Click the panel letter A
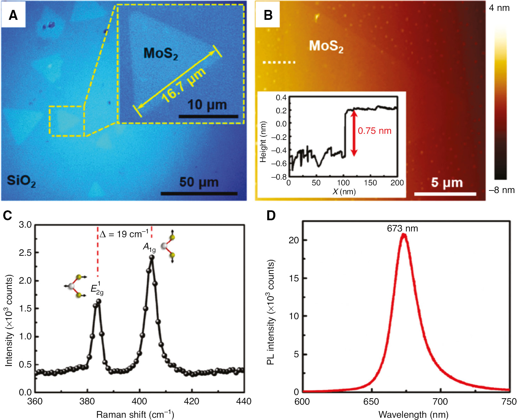click(13, 15)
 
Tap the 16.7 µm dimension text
click(183, 86)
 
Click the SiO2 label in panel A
click(21, 181)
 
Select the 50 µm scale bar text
click(199, 182)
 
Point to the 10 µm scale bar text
click(207, 105)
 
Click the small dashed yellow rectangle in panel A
click(66, 121)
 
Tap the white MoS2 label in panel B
click(326, 46)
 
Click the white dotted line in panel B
click(279, 62)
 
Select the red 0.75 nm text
click(374, 131)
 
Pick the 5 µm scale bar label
click(447, 182)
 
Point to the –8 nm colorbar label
click(501, 190)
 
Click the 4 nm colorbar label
click(499, 8)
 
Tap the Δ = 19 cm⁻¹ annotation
click(124, 234)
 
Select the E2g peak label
click(97, 288)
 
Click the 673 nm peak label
click(402, 229)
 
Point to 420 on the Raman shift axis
click(192, 401)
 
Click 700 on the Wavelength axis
click(440, 402)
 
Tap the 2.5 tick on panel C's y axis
click(25, 253)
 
